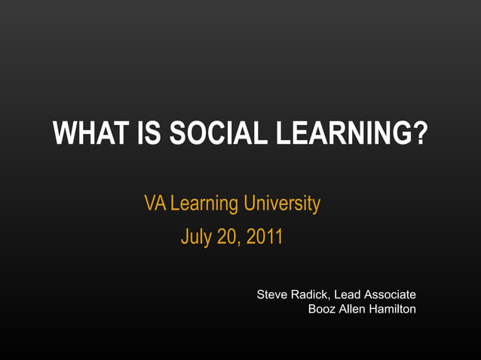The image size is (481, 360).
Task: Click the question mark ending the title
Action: tap(420, 135)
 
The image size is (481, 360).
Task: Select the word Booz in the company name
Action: tap(322, 309)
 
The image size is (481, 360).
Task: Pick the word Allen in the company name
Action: tap(354, 309)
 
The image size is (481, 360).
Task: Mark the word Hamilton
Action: tap(393, 309)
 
